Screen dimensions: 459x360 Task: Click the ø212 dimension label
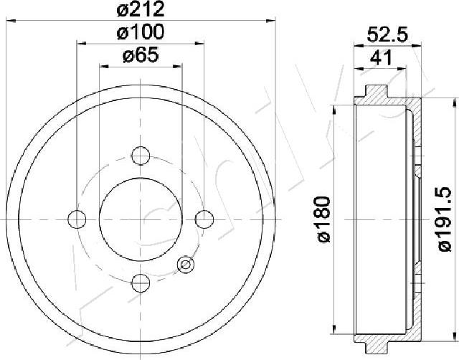coord(141,9)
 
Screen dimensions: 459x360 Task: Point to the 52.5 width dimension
coord(387,35)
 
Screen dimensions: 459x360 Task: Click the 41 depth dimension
coord(381,57)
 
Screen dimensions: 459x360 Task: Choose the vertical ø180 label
coord(324,219)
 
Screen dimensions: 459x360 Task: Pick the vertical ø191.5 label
coord(445,219)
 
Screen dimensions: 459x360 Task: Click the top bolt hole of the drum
coord(141,156)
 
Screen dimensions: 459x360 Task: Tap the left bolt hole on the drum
coord(77,219)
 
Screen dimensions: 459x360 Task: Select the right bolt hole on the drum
coord(204,219)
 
